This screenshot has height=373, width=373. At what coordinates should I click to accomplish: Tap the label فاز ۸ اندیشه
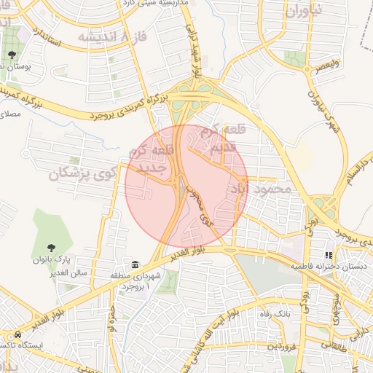[106, 36]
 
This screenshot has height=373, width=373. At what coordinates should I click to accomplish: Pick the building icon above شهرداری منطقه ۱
[136, 263]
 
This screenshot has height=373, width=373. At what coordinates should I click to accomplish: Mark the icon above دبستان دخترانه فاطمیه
[329, 255]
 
